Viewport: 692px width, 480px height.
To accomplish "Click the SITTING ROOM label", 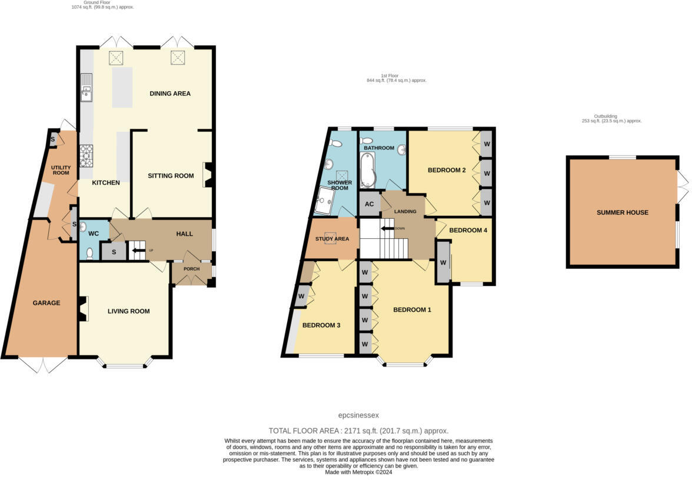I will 171,175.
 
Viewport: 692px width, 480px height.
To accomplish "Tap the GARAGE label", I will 46,303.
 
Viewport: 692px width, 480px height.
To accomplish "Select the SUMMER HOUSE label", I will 622,212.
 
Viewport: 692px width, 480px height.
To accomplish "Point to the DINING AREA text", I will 170,94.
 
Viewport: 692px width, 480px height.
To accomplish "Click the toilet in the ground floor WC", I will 89,253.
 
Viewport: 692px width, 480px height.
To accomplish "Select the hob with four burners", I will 86,155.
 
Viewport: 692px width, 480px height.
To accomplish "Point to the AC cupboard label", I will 370,204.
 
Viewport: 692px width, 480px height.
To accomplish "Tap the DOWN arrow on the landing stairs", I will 388,228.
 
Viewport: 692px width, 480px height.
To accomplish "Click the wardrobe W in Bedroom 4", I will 443,262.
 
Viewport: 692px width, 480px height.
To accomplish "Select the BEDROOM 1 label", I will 412,309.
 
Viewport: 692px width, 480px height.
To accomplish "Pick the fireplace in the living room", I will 84,308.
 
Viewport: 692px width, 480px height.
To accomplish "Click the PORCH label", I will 192,269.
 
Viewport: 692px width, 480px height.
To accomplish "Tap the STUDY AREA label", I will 332,239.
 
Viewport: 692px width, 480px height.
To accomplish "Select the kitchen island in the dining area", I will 122,88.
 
